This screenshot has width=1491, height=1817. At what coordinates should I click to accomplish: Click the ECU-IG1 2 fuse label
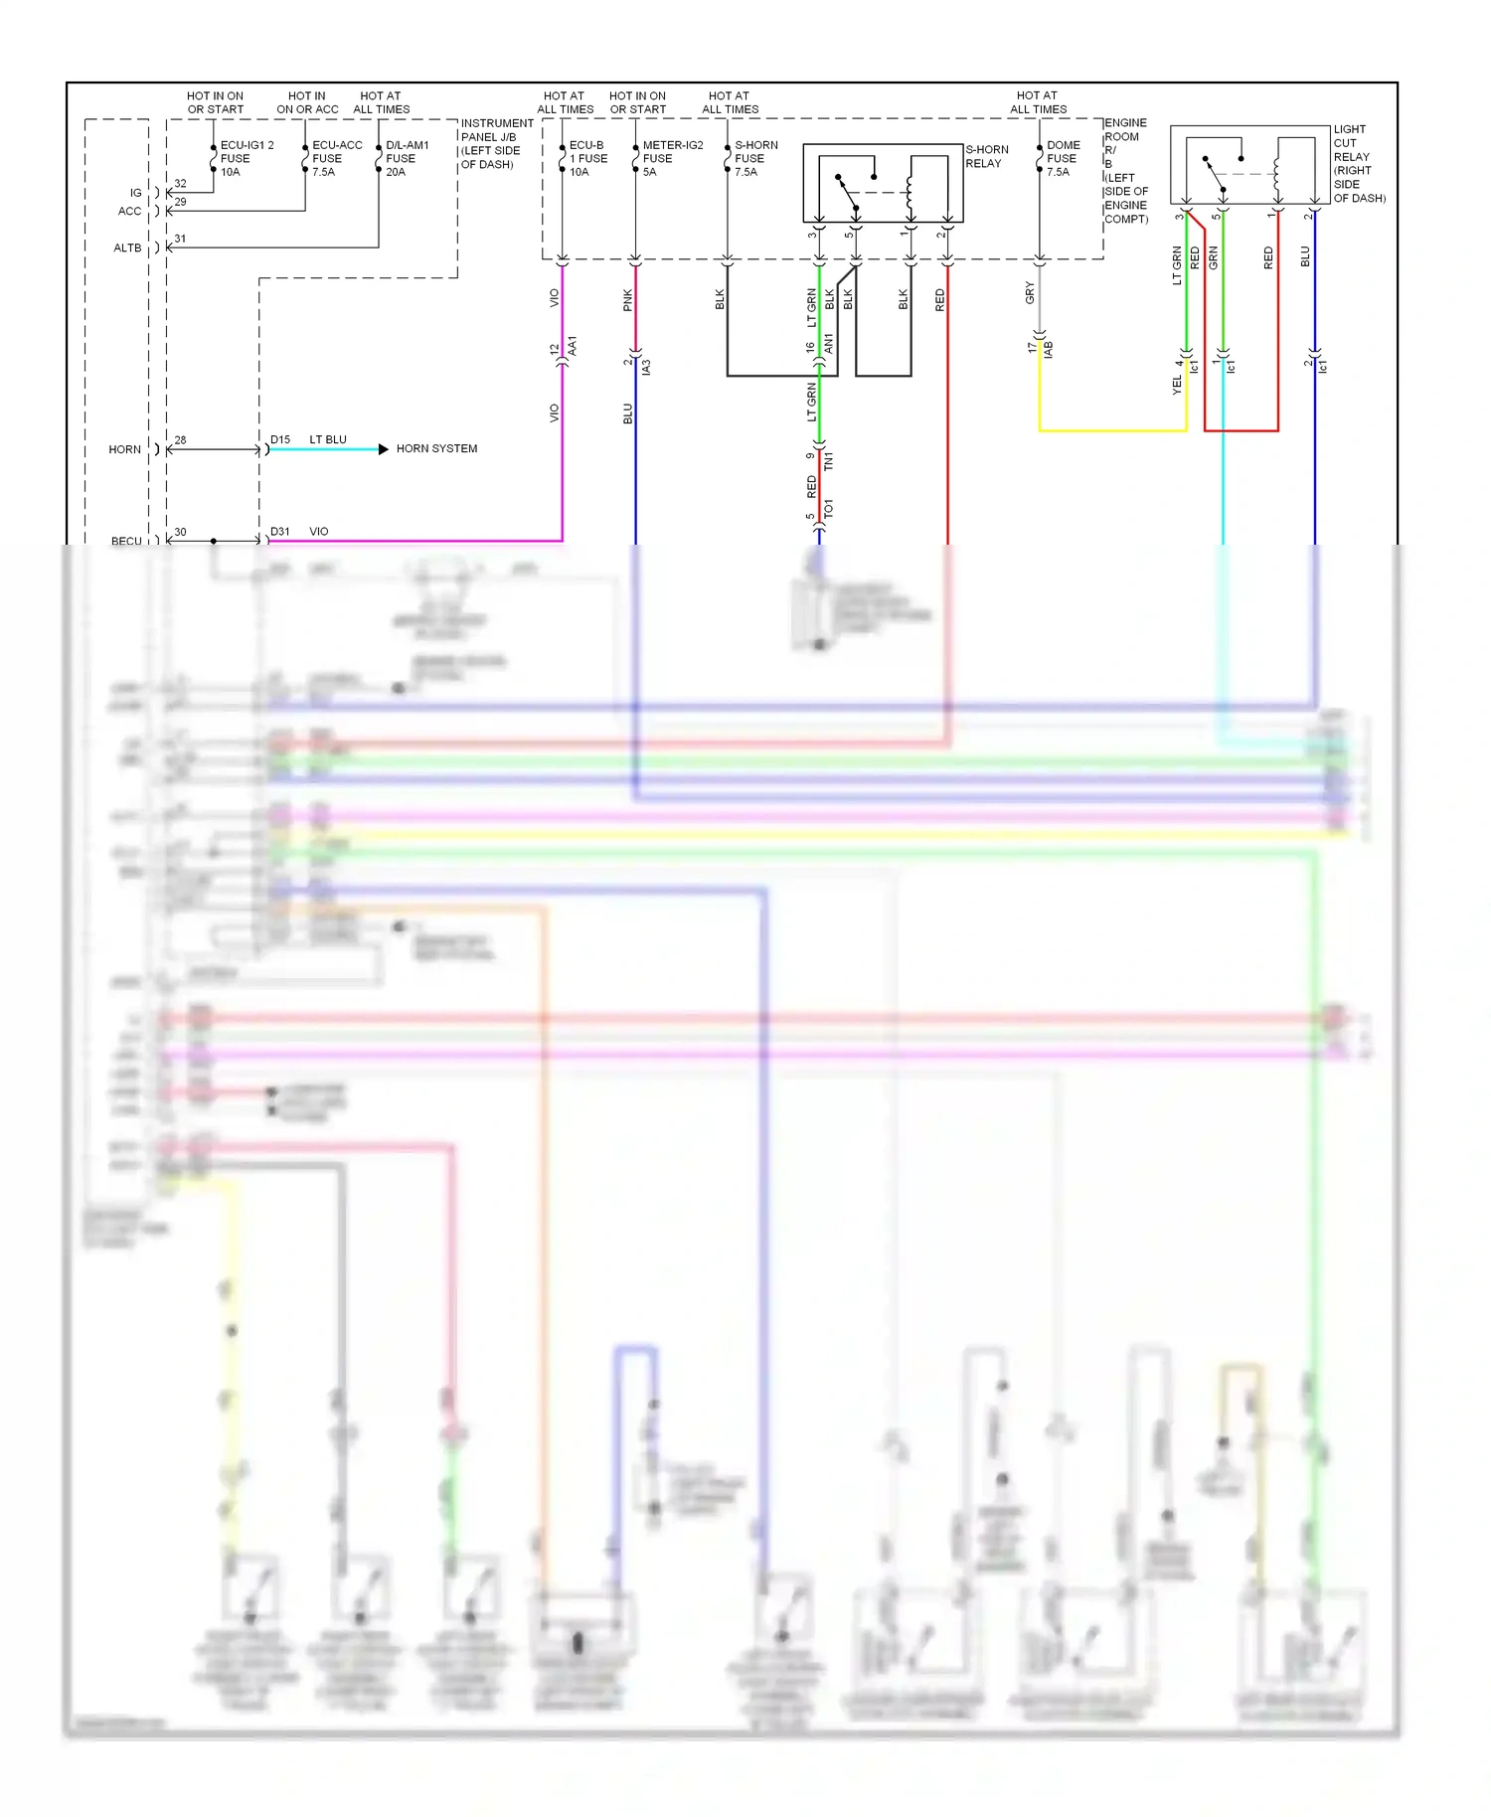point(246,158)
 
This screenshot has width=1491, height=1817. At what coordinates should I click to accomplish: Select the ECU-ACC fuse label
point(336,158)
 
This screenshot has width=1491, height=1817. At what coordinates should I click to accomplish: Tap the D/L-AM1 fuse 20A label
point(407,158)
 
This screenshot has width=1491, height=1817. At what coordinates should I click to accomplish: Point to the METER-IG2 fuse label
point(672,158)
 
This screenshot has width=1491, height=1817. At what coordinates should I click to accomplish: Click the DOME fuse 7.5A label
point(1063,158)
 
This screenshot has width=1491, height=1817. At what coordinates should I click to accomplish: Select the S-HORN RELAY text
point(986,156)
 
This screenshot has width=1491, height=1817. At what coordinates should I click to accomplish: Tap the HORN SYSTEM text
point(436,449)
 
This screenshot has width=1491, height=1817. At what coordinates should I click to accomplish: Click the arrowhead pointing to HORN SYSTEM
point(384,449)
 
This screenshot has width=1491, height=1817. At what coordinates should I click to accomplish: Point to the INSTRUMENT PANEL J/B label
point(496,143)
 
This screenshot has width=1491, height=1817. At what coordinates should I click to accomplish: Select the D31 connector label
point(280,532)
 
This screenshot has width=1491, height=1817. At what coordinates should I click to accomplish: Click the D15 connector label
point(280,439)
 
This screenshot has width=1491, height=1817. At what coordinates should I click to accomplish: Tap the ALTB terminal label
point(127,248)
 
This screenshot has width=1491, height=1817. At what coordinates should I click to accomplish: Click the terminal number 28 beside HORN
point(180,439)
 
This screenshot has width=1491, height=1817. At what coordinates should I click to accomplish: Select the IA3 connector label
point(646,368)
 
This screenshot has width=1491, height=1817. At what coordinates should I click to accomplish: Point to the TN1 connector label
point(829,460)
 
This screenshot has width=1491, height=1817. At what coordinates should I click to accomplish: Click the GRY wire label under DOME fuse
point(1030,293)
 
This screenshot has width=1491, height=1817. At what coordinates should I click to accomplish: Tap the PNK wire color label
point(627,300)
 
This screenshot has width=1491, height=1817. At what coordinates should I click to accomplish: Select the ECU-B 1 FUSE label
point(586,158)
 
